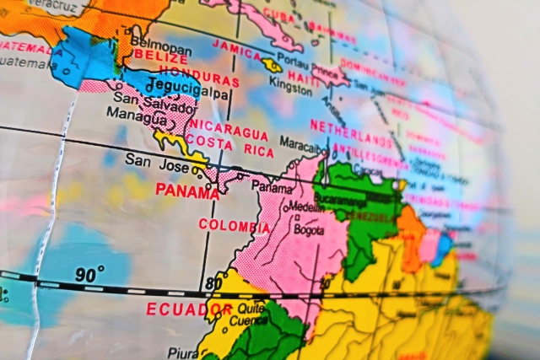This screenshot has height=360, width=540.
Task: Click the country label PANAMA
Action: click(x=186, y=191)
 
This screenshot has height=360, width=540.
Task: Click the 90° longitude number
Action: click(x=89, y=274)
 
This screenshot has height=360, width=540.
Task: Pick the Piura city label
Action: click(x=179, y=352)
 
